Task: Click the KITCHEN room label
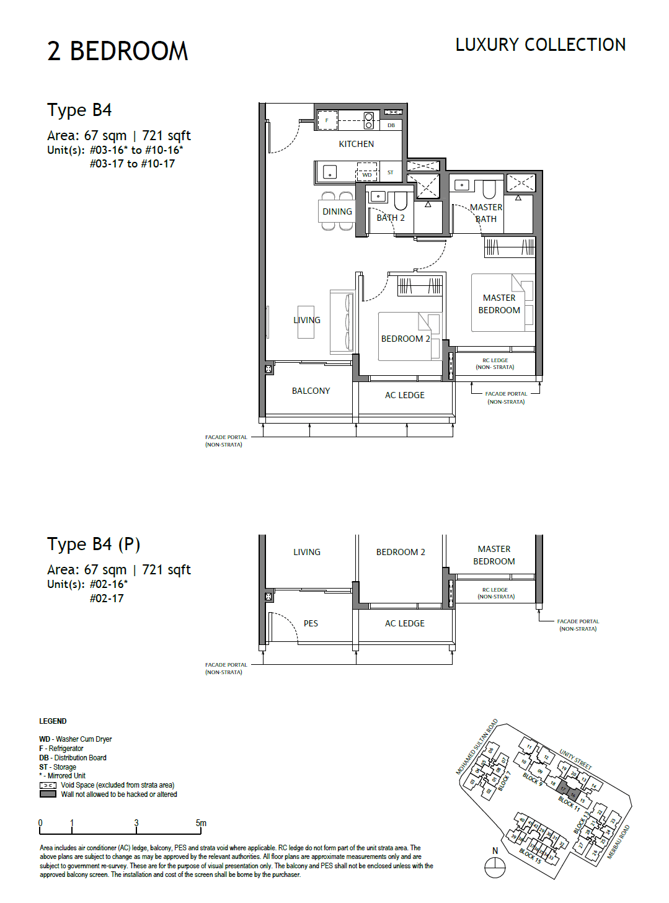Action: (356, 144)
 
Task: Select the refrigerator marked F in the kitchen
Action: (327, 120)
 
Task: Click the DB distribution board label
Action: (391, 125)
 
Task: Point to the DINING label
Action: (337, 211)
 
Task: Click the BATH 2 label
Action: (391, 218)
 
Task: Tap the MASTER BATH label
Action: (486, 213)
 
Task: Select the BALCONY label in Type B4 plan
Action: (311, 391)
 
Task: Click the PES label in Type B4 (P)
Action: (311, 623)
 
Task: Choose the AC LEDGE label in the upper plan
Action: (404, 395)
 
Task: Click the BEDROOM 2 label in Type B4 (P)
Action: (401, 552)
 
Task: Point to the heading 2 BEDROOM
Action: (117, 51)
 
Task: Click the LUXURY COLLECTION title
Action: (540, 45)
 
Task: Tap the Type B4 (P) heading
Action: (94, 544)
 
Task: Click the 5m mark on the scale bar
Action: (201, 824)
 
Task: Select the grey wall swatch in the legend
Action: (48, 794)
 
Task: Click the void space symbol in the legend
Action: (48, 785)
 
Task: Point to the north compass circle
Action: (495, 868)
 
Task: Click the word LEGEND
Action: (53, 721)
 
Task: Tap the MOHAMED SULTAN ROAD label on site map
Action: (477, 747)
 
